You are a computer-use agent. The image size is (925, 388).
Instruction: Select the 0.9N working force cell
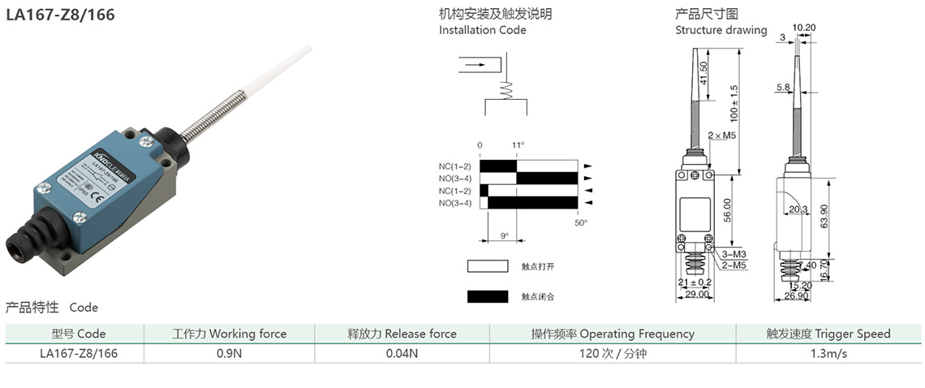coord(229,353)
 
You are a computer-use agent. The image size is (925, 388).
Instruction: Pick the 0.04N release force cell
coord(402,353)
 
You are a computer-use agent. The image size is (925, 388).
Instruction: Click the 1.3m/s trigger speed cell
coord(828,353)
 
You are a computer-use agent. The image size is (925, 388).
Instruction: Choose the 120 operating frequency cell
coord(613,353)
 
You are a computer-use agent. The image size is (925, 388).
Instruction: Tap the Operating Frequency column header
coord(613,334)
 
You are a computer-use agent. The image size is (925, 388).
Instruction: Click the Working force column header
coord(229,334)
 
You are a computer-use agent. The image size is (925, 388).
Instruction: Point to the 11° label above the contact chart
coord(518,145)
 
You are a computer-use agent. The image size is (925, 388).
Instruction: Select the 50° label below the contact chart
coord(580,222)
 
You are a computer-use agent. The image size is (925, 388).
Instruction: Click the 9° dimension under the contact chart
coord(504,236)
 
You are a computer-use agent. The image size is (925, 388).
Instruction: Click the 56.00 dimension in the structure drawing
coord(728,209)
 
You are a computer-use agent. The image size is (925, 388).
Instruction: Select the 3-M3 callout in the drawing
coord(734,254)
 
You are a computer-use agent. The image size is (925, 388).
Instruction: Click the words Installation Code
coord(483,30)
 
